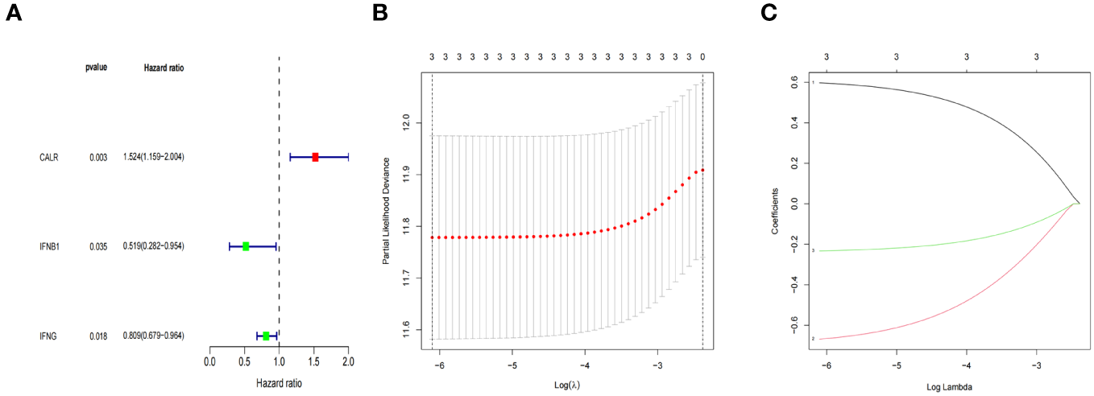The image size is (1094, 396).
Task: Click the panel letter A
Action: [13, 15]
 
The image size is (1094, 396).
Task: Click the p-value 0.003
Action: [99, 157]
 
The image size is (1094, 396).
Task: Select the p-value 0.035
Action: [99, 246]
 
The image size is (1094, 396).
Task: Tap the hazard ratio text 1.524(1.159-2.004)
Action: [154, 157]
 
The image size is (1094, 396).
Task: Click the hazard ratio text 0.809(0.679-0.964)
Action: [154, 336]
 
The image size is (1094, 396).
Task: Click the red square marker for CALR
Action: [315, 157]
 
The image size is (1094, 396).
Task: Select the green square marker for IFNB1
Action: [246, 246]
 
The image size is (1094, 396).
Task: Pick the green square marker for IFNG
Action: [266, 336]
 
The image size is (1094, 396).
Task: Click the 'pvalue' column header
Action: [97, 68]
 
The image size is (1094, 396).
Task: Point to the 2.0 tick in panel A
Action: [348, 362]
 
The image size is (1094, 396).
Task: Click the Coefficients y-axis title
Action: [775, 211]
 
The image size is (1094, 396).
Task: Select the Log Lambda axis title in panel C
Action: [949, 387]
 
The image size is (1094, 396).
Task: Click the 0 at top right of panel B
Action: [702, 57]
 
